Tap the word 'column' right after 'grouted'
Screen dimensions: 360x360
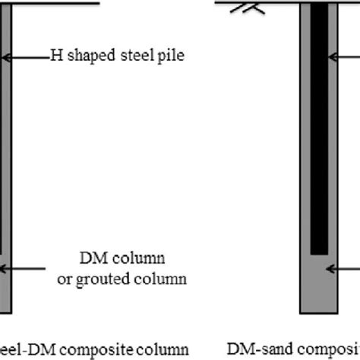click(159, 279)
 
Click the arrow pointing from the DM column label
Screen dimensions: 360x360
click(30, 268)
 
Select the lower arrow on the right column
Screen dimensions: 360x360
click(345, 267)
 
